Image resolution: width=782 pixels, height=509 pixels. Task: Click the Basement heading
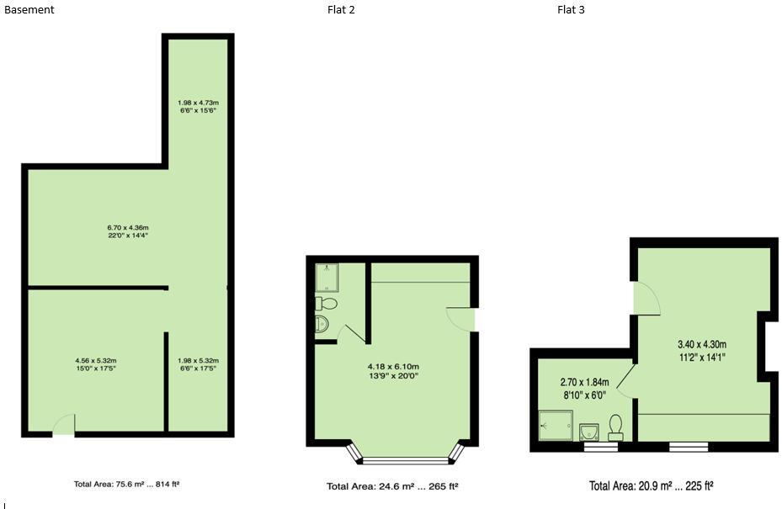(29, 10)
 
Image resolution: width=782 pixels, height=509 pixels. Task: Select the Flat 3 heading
(571, 10)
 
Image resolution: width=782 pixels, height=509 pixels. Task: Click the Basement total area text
(127, 485)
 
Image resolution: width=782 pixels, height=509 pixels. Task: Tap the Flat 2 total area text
(392, 486)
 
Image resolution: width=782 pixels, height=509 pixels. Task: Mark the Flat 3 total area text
(652, 486)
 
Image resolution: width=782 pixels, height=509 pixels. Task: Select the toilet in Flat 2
(326, 303)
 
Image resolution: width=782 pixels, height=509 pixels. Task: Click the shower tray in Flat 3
(556, 425)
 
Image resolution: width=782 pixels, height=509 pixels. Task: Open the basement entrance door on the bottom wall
(64, 426)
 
